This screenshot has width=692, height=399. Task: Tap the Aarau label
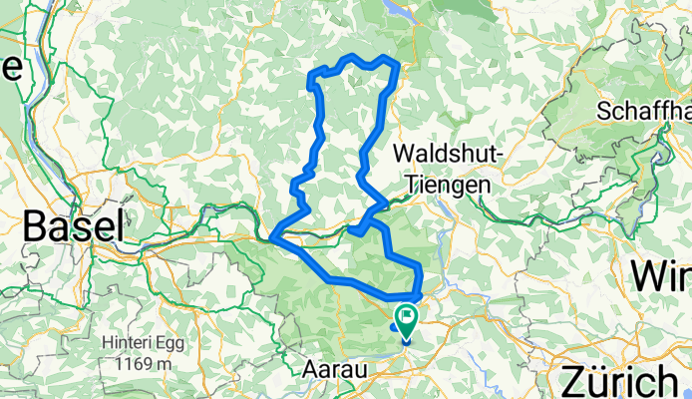(332, 369)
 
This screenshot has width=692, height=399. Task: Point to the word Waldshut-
(451, 154)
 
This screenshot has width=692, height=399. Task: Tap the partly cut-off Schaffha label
(644, 111)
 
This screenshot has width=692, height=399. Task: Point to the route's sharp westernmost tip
(271, 237)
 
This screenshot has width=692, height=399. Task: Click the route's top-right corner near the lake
(398, 64)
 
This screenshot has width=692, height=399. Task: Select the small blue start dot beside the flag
(395, 324)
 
